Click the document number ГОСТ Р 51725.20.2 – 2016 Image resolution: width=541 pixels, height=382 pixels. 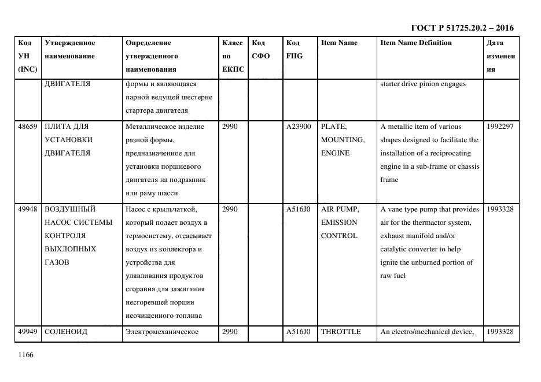point(462,28)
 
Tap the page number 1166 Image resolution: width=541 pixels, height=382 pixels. point(27,355)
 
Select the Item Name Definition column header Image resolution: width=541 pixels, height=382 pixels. point(415,43)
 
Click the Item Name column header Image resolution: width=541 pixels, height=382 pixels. point(338,43)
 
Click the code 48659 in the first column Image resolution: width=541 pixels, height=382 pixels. point(28,127)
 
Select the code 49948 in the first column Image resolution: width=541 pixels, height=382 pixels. point(28,209)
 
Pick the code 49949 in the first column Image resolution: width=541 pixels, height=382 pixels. point(28,332)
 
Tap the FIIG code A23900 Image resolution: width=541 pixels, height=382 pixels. point(299,127)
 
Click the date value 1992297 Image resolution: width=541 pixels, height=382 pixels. point(500,127)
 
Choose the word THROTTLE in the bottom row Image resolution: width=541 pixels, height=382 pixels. point(341,332)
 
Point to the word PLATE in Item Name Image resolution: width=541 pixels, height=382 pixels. point(334,127)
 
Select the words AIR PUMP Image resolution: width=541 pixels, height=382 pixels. point(340,209)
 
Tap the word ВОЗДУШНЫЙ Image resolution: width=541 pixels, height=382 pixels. point(70,209)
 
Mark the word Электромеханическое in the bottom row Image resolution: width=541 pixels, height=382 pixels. point(162,332)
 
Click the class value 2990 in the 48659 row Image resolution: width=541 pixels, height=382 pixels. point(230,127)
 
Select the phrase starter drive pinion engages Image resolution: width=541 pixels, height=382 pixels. point(422,84)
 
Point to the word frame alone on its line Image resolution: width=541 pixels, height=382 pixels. point(389,180)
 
